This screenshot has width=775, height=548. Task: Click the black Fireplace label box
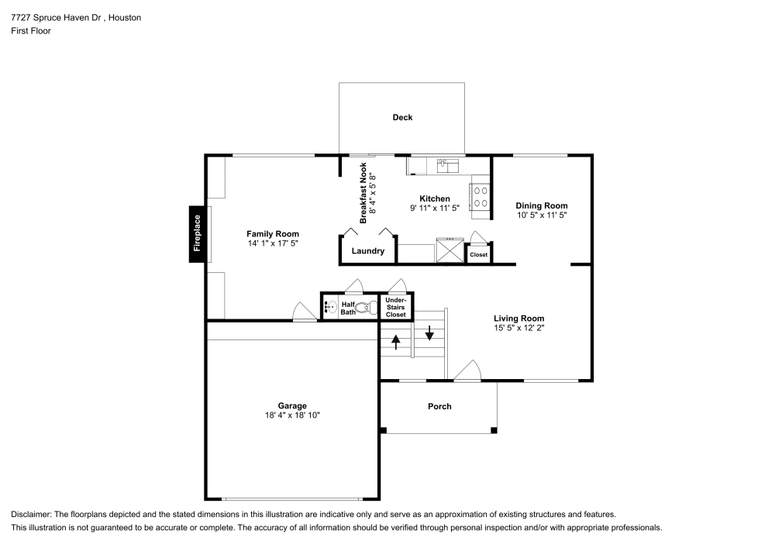coord(197,233)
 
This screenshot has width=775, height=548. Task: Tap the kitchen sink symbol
coord(447,164)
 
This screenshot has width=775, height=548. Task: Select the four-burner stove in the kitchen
coord(480,196)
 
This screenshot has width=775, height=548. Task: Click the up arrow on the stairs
coord(396,341)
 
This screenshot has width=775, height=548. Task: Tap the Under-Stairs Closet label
coord(396,307)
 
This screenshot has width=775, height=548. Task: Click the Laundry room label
coord(368,251)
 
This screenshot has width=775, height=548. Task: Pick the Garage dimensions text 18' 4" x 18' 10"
coord(292,415)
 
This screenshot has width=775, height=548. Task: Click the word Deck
coord(402,118)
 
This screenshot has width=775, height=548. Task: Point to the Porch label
coord(439,406)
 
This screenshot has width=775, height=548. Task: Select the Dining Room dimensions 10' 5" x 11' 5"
coord(542,215)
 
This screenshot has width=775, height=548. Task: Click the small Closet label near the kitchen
coord(478,254)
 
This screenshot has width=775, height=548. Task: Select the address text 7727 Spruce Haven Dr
coord(53,17)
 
